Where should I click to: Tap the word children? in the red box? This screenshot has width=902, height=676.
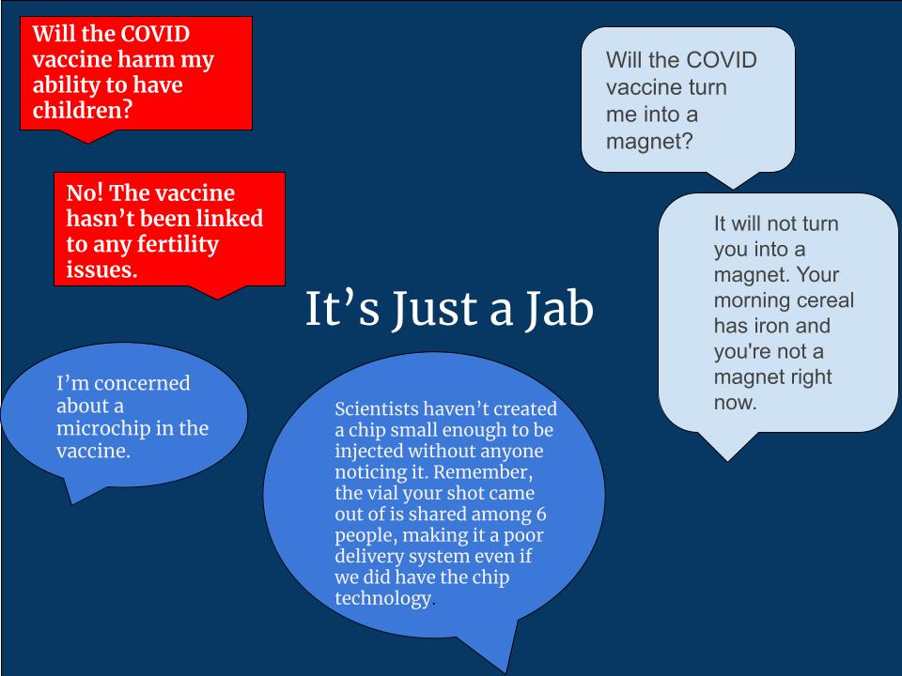click(83, 110)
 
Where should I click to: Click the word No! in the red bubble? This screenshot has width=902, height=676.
click(87, 192)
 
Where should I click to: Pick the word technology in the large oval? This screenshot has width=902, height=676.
click(381, 597)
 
